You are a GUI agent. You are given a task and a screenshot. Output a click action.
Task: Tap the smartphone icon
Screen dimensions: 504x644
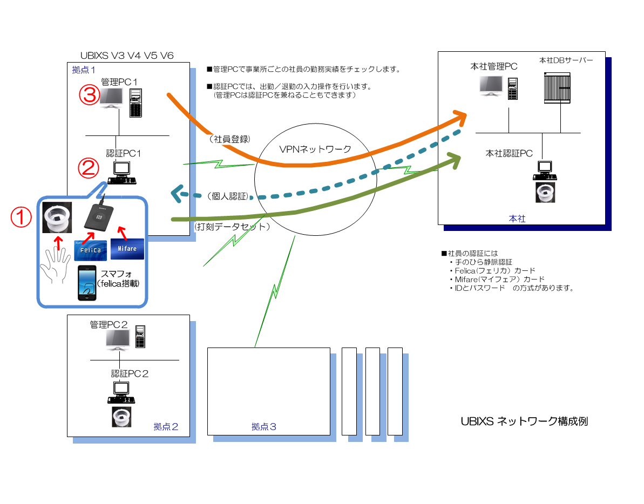coord(87,283)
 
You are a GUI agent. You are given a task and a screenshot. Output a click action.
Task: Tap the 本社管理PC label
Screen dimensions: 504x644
coord(493,66)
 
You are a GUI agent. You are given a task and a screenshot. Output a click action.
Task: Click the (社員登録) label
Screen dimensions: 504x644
coord(229,139)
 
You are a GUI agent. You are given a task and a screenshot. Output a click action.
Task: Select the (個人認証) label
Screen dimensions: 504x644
coord(227,195)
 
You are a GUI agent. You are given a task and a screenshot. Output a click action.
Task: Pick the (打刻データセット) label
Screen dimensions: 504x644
coord(232,227)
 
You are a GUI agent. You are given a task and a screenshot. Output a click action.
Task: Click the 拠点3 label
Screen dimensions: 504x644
coord(264,427)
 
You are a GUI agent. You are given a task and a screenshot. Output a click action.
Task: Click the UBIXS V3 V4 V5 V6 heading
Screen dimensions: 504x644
coord(127,55)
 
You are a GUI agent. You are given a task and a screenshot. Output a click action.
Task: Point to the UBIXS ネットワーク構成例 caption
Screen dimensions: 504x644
coord(524,421)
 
